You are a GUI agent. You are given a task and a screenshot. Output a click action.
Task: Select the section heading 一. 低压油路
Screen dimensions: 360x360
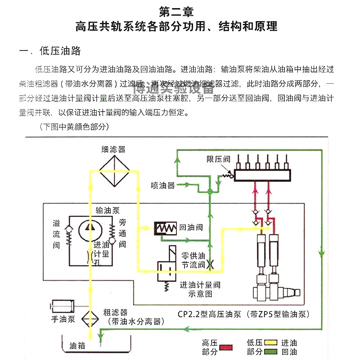50,51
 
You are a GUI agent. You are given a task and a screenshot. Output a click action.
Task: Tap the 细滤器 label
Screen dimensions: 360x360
113,149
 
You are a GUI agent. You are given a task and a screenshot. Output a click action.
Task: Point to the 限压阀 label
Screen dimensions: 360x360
218,159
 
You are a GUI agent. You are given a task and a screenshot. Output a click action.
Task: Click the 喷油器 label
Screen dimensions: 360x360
163,185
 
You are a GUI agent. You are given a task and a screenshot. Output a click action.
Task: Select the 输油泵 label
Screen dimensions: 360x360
106,210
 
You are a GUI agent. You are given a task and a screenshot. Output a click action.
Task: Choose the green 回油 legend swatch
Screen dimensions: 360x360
270,352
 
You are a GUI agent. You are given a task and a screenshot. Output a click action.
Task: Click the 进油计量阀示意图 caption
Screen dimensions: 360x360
200,289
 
